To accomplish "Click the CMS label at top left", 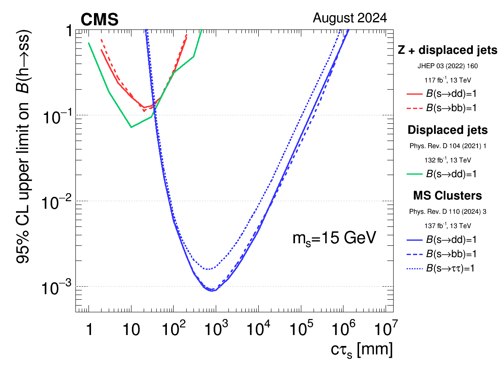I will point(99,19).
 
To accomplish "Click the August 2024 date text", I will point(350,18).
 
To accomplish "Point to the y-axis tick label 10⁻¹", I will point(57,116).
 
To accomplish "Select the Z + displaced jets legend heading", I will point(448,51).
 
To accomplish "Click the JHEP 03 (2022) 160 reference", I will point(448,66).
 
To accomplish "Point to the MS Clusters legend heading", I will point(448,196).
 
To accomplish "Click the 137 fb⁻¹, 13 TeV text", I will point(448,226).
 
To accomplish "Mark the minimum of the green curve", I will point(131,127).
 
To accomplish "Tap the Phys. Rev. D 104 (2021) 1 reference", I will point(448,146).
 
